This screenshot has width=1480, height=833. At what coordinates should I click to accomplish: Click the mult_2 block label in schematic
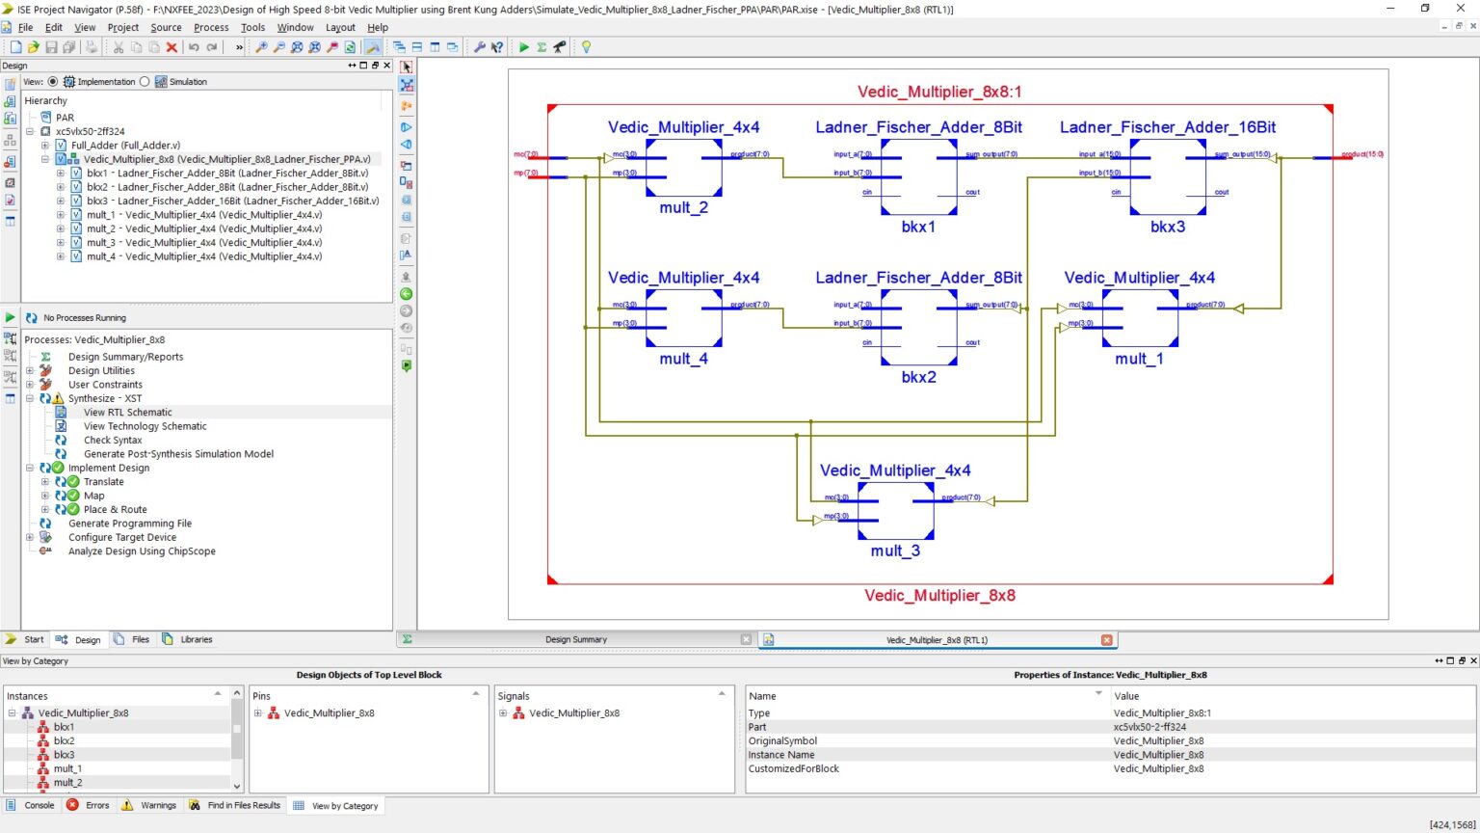tap(683, 207)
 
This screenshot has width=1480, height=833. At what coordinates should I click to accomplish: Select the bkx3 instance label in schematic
tap(1167, 227)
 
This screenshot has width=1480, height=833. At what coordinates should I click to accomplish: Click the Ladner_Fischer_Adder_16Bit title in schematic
tap(1167, 127)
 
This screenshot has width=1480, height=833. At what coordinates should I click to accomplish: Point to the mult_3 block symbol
tap(895, 509)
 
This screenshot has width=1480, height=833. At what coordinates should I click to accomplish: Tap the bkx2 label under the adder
tap(918, 377)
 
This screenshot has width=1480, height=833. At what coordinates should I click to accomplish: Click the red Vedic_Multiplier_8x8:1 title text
tap(939, 92)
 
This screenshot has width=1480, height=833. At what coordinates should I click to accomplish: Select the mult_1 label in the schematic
tap(1139, 359)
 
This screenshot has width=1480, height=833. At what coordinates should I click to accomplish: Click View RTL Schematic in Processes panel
tap(127, 412)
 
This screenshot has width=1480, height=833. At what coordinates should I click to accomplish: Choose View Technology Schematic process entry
tap(145, 426)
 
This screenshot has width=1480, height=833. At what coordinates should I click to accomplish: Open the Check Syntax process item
tap(113, 440)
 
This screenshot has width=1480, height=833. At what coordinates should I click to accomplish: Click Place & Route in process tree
tap(115, 509)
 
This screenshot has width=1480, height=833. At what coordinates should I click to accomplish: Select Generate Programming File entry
tap(129, 524)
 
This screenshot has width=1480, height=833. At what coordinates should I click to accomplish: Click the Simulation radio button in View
tap(145, 82)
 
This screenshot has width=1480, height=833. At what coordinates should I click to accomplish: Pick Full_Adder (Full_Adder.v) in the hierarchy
tap(125, 146)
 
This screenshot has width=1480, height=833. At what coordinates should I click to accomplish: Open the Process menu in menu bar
tap(211, 27)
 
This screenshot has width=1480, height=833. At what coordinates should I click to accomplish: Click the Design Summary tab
tap(575, 639)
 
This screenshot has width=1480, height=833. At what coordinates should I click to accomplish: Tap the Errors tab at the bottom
tap(96, 805)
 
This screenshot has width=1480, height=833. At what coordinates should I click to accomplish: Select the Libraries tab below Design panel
tap(196, 639)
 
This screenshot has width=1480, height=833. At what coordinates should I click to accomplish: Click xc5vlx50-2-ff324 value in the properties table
tap(1150, 727)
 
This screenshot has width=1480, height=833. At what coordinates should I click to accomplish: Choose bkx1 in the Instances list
tap(64, 727)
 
